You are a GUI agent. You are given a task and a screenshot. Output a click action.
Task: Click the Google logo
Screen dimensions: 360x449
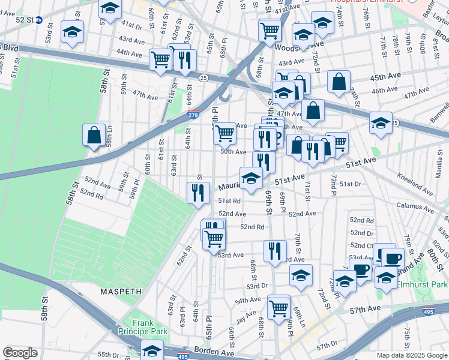20,353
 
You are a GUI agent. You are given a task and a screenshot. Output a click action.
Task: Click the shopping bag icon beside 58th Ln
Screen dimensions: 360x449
95,136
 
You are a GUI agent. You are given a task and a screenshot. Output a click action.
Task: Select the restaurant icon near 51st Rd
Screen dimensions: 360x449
196,193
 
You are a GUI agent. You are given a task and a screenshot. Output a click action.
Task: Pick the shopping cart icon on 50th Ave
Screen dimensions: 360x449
225,133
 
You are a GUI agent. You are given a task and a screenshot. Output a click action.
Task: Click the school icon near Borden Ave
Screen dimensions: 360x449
152,350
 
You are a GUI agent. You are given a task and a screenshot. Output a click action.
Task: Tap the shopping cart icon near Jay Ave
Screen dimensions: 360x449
279,308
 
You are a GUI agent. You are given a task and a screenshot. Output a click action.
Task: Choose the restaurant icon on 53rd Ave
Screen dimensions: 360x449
275,250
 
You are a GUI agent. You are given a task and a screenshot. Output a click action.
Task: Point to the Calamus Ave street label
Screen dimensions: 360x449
414,205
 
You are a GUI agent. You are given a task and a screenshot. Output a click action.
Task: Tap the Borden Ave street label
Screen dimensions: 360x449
208,349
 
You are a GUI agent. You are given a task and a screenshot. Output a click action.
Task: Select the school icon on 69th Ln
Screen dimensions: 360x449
301,275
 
